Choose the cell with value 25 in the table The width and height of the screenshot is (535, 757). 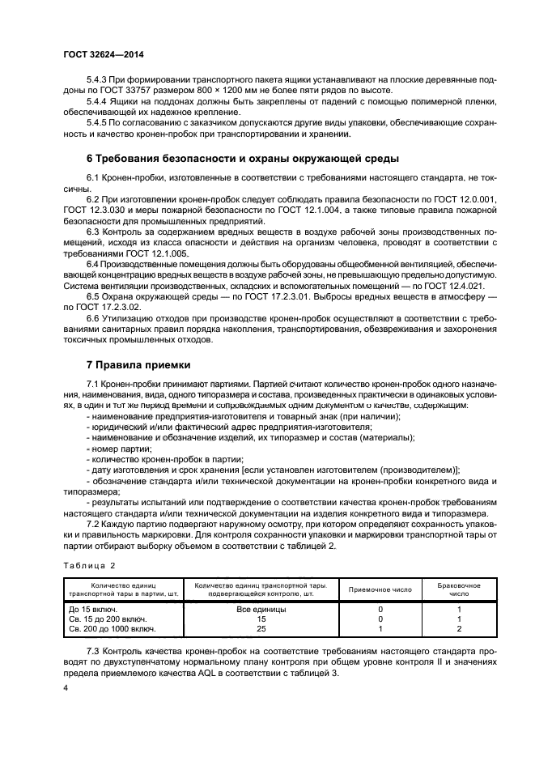coord(261,628)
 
